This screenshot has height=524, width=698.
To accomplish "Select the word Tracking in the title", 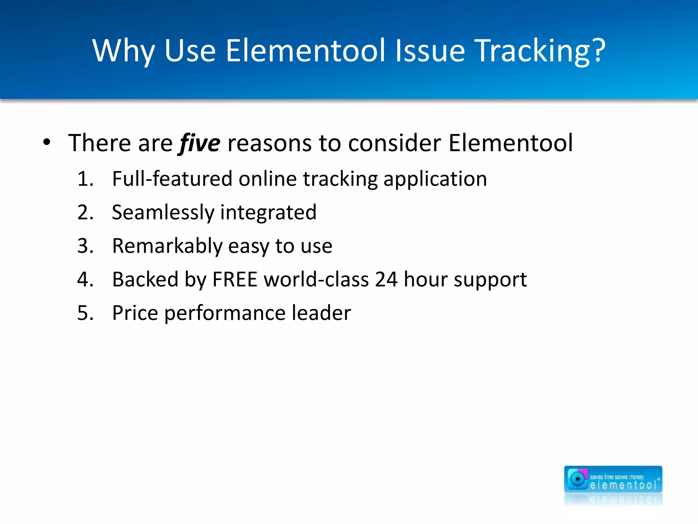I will [532, 51].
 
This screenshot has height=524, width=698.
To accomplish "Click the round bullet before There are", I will [47, 142].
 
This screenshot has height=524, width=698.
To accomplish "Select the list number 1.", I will [85, 179].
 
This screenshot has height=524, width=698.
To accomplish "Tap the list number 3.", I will [85, 246].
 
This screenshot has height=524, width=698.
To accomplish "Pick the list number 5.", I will [85, 313].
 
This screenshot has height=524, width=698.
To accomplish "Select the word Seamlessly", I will [163, 213].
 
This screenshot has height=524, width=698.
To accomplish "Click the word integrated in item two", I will [269, 213].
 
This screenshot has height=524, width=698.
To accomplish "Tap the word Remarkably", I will [167, 246].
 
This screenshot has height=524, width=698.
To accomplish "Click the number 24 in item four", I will [386, 279].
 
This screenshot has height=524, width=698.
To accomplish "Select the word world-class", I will [316, 279].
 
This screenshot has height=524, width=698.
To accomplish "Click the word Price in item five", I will [135, 313].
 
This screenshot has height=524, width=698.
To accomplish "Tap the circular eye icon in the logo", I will [577, 479].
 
